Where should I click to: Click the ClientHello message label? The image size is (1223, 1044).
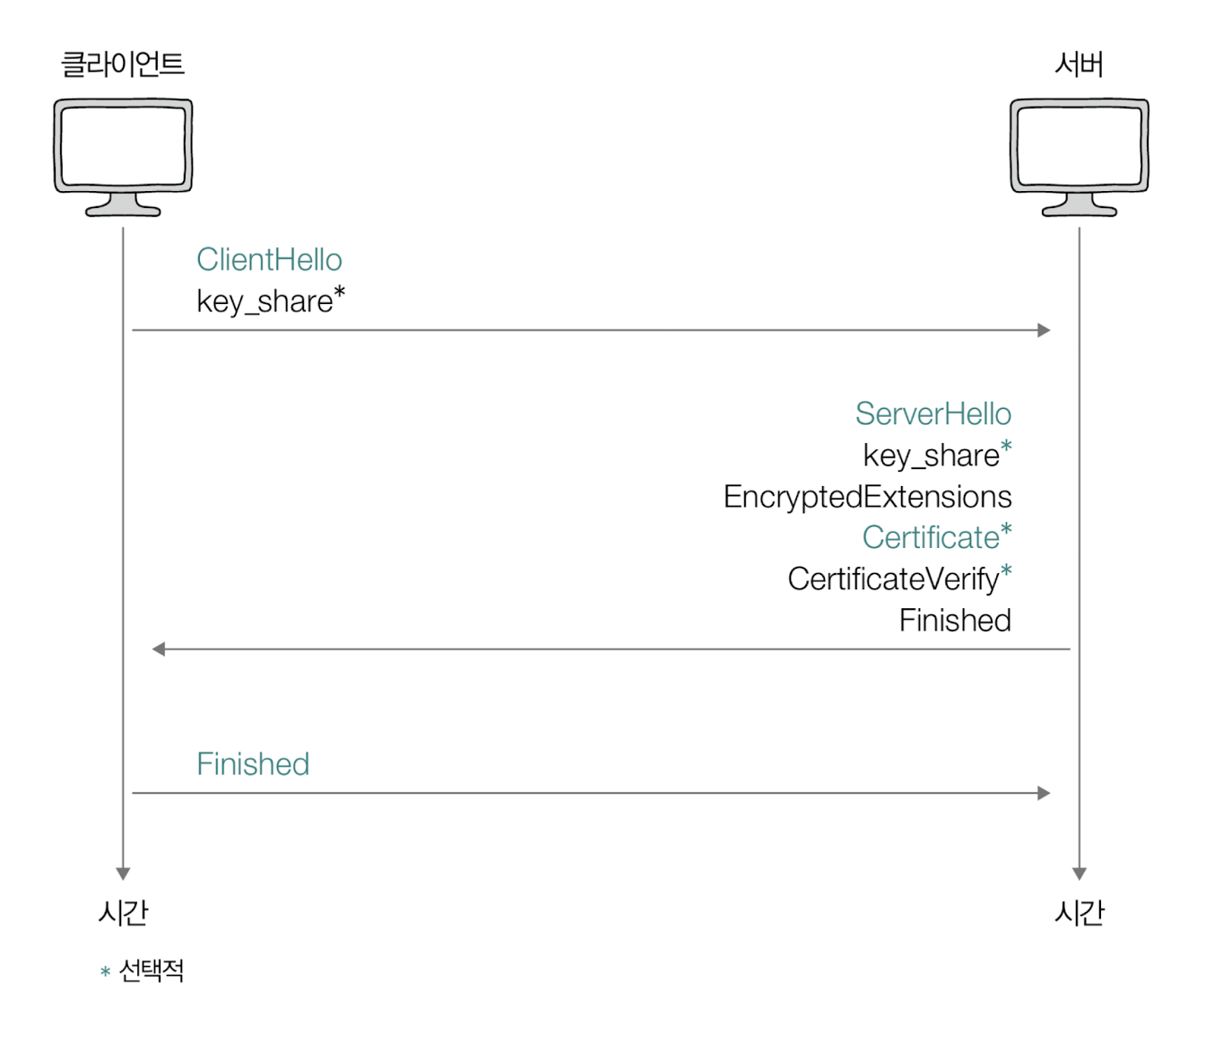coord(269,260)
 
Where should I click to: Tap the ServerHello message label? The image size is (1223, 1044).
coord(932,414)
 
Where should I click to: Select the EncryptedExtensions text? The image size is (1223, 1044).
coord(867,497)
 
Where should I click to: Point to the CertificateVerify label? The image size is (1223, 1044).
coord(893,579)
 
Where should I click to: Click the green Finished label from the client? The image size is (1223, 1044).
coord(253,764)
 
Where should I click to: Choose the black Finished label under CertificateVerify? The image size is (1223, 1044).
coord(955,621)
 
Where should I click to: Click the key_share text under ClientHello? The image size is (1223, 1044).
coord(265,301)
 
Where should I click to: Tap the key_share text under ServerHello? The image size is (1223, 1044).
coord(931,456)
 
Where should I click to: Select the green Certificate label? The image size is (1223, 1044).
coord(931,538)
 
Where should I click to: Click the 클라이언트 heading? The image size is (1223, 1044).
coord(122,65)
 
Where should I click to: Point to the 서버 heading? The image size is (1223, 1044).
coord(1079,65)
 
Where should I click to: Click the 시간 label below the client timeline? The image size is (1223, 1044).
coord(123,913)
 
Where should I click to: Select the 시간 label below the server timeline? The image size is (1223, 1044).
coord(1080,913)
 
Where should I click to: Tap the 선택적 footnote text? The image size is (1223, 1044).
coord(152,970)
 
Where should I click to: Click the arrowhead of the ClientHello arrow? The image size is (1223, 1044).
coord(1044,330)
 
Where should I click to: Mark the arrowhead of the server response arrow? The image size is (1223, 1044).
coord(159,649)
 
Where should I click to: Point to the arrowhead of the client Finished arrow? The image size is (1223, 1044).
coord(1044,793)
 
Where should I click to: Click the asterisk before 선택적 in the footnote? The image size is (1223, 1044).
coord(105,972)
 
